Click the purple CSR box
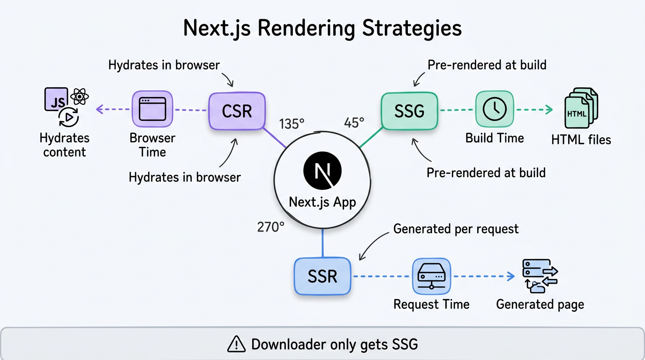[x=237, y=111]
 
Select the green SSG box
[x=409, y=111]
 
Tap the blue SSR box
[x=322, y=276]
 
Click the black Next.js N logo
[x=322, y=170]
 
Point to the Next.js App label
[x=322, y=202]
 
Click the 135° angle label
[x=292, y=124]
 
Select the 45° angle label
[x=354, y=123]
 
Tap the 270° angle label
[x=270, y=227]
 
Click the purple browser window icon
[x=152, y=109]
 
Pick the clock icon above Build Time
[x=495, y=109]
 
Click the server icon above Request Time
[x=431, y=277]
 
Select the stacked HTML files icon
[x=581, y=108]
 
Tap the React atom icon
[x=80, y=97]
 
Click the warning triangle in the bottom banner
[x=236, y=345]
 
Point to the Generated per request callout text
[x=456, y=229]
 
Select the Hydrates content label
[x=64, y=145]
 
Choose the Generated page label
[x=540, y=304]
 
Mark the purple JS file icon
[x=56, y=99]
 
